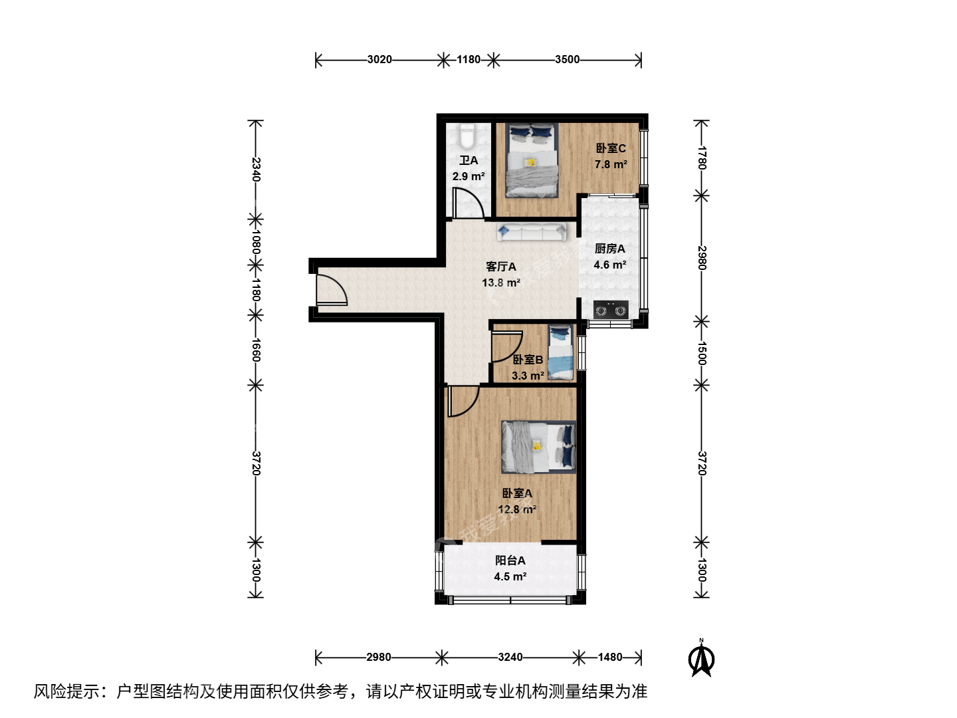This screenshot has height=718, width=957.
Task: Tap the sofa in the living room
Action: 532,231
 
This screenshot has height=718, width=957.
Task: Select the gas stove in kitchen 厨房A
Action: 611,310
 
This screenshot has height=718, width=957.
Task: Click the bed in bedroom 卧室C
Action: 532,160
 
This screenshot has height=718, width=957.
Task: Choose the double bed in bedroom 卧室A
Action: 538,447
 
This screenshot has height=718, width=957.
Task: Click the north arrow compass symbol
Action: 701,658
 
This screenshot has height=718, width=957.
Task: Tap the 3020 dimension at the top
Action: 379,59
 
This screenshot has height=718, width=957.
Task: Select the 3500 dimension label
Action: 568,59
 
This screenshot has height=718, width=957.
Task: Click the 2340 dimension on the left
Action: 257,170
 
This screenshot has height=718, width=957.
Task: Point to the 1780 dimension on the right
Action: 702,158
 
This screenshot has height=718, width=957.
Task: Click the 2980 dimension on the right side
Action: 702,258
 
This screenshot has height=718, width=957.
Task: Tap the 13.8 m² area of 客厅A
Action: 501,283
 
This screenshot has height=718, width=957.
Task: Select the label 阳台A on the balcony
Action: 510,560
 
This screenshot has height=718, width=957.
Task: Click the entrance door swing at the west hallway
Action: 332,288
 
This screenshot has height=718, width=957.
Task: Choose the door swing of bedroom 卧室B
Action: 506,346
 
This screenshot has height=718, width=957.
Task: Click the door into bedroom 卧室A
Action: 463,401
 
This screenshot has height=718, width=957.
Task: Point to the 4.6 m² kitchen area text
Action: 610,265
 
